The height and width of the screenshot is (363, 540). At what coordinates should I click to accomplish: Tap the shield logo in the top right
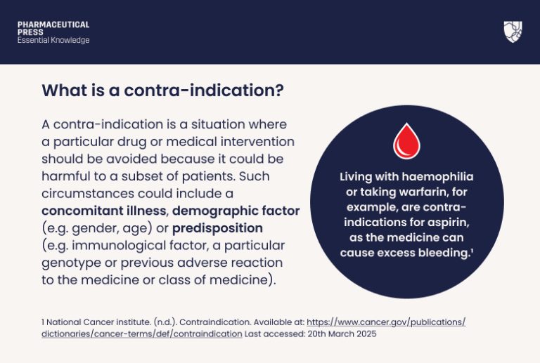pyautogui.click(x=513, y=32)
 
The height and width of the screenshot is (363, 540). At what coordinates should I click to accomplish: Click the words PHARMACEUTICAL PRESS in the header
pyautogui.click(x=53, y=28)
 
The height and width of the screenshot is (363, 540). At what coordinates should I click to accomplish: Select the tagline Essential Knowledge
pyautogui.click(x=53, y=41)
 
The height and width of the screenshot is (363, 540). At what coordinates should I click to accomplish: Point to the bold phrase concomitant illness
pyautogui.click(x=105, y=211)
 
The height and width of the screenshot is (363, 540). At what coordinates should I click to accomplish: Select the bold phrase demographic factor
pyautogui.click(x=236, y=211)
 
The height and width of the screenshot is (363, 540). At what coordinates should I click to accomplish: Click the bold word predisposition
pyautogui.click(x=217, y=228)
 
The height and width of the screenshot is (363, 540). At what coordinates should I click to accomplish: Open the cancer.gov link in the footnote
pyautogui.click(x=386, y=322)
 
